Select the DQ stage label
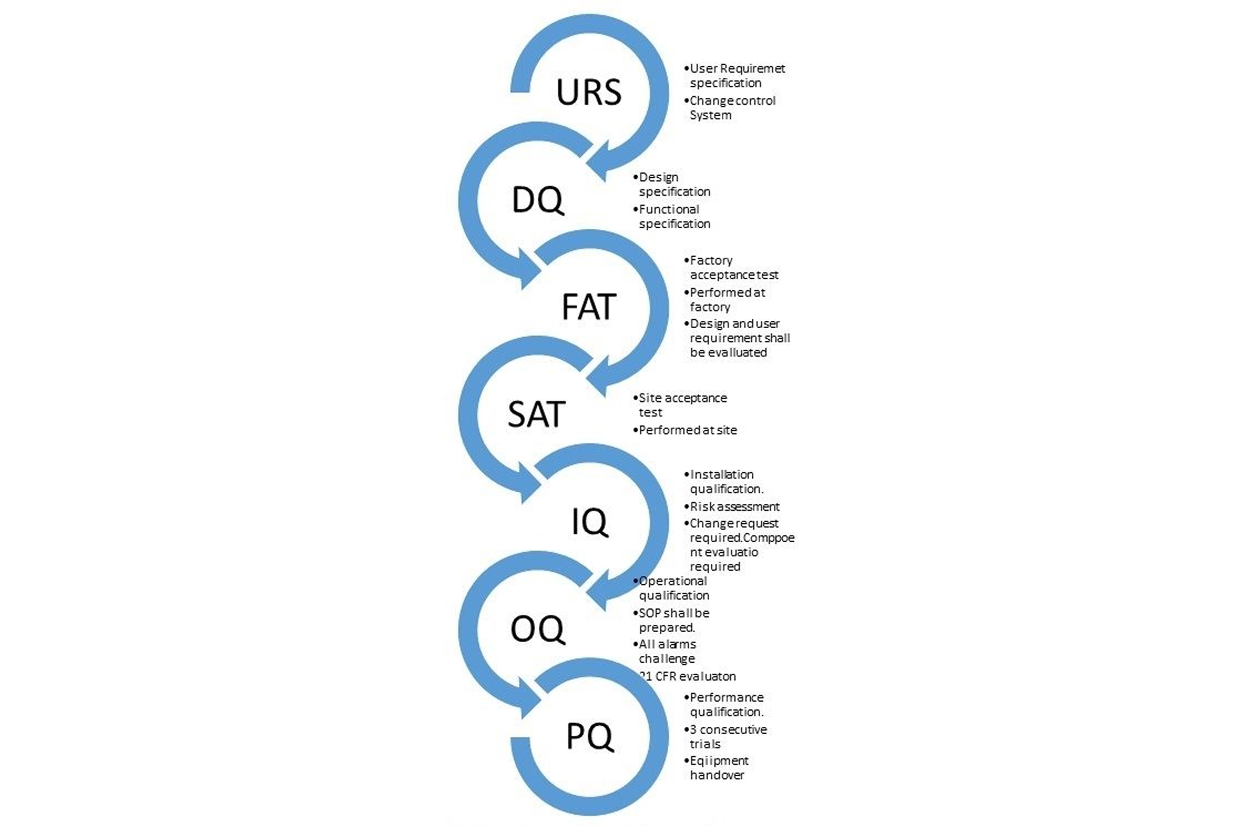tap(537, 200)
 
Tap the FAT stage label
tap(589, 307)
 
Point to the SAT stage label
tap(536, 414)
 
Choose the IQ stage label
tap(589, 522)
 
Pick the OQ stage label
tap(537, 629)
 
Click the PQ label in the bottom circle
tap(589, 737)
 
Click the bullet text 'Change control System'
tap(732, 108)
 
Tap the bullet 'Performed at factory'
tap(726, 299)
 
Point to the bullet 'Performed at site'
tap(688, 430)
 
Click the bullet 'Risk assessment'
tap(735, 506)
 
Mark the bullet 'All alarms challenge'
tap(667, 651)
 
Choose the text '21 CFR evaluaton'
tap(688, 676)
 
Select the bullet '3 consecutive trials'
tap(728, 737)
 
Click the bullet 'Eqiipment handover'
tap(719, 767)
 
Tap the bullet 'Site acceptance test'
tap(682, 405)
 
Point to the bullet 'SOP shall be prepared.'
tap(673, 620)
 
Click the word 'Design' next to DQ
tap(659, 177)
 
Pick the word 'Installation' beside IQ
tap(722, 475)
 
